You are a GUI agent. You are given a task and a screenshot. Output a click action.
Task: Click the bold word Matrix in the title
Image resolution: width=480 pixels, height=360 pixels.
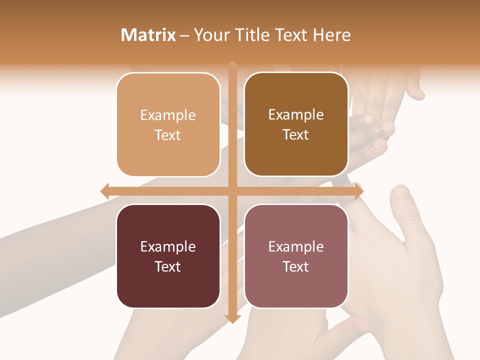tap(148, 35)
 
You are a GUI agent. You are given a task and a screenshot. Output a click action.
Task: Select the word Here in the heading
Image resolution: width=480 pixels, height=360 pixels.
tap(331, 35)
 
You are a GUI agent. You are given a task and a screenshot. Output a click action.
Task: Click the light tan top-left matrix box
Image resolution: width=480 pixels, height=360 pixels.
tap(168, 124)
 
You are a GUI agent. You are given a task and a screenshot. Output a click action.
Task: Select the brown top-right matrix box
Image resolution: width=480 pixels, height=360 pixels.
tap(296, 124)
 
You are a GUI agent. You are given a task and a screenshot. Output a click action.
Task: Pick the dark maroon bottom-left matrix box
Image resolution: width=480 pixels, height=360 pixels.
tap(168, 256)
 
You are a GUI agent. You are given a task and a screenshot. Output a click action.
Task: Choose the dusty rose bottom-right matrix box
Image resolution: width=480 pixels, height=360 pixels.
tap(296, 256)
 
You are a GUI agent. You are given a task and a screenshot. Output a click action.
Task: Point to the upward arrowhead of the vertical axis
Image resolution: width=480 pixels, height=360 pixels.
tap(232, 65)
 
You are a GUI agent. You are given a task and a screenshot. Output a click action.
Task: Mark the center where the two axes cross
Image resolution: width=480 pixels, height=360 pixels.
tap(232, 191)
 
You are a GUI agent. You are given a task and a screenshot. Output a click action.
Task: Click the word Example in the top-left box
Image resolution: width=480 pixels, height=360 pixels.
tap(168, 115)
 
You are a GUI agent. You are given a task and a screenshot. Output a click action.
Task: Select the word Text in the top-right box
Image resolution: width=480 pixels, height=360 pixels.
tap(296, 135)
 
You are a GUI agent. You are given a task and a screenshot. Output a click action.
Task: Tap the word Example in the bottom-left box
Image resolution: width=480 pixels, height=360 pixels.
tap(168, 246)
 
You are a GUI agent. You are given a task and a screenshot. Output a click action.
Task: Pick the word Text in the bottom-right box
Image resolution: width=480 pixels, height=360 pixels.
tap(296, 266)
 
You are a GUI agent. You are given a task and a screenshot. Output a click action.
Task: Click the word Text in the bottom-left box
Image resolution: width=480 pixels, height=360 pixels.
tap(168, 266)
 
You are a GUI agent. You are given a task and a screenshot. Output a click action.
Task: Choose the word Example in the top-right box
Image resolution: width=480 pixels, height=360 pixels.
tap(296, 115)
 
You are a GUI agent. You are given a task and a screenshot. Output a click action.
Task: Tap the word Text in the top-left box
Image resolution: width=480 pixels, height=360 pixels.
tap(168, 135)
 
